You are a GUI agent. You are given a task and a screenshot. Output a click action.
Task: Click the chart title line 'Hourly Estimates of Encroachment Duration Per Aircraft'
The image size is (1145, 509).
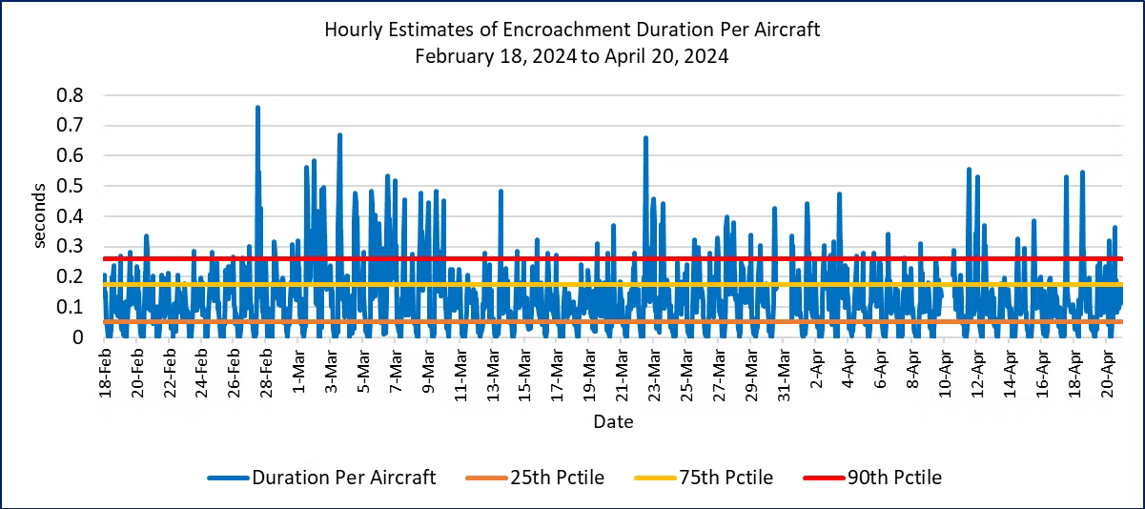pyautogui.click(x=572, y=30)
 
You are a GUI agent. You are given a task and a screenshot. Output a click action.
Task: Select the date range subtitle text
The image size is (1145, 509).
pyautogui.click(x=572, y=55)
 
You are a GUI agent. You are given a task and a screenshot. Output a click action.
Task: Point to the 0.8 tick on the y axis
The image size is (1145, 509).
pyautogui.click(x=72, y=95)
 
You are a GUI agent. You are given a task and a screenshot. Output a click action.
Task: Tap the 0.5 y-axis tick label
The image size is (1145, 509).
pyautogui.click(x=72, y=186)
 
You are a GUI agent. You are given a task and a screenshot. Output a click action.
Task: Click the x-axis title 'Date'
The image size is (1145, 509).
pyautogui.click(x=613, y=420)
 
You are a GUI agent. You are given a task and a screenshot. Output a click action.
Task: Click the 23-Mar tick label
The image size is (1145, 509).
pyautogui.click(x=655, y=374)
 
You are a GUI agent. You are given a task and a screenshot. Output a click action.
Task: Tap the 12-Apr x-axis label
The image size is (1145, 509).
pyautogui.click(x=978, y=374)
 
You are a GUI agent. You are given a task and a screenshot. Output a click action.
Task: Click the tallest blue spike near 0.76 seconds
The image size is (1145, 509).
pyautogui.click(x=257, y=108)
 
